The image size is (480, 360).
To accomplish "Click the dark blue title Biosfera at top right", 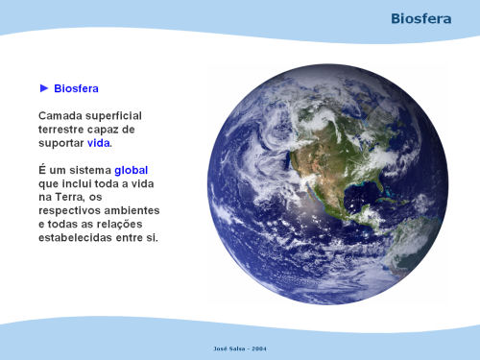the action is coord(421,18).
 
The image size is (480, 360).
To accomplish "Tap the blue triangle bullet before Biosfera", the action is coord(44,88).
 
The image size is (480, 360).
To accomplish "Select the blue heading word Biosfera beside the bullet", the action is coord(76,88).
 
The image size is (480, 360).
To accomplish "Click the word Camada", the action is coord(59,115).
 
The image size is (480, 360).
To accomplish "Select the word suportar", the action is coord(61,143).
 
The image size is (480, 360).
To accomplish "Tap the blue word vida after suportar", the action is coord(99,143).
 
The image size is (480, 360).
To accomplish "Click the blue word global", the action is coord(132,170).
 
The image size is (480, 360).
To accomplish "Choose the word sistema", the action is coord(90,170).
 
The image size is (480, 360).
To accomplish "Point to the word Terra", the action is coord(69,197).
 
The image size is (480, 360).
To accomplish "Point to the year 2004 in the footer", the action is coord(259,348).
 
